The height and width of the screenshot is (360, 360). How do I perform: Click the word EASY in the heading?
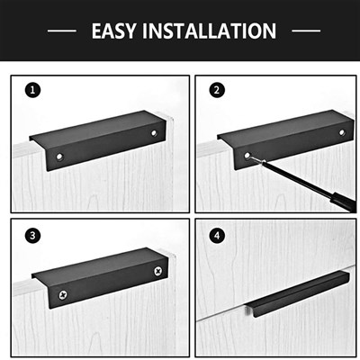pos(113,31)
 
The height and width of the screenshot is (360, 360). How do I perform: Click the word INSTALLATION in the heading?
pos(209,31)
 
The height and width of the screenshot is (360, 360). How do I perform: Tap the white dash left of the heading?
pos(62,31)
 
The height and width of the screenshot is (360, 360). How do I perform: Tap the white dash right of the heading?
pos(306,31)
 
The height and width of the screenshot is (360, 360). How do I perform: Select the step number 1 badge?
pos(32,90)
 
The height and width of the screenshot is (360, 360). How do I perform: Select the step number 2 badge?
pos(217,90)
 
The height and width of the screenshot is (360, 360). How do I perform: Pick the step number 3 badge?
pos(32,236)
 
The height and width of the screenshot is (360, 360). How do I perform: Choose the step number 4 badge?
pos(217,236)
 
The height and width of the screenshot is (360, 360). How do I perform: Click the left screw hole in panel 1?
pos(59,157)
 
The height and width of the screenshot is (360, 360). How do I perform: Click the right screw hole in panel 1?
pos(154,132)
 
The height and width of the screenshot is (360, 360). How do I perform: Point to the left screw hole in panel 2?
pos(247,156)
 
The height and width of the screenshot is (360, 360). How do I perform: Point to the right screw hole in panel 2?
pos(342,132)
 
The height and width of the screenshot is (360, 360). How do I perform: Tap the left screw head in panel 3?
pos(63,295)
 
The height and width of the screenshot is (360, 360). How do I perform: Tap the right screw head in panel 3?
pos(158,271)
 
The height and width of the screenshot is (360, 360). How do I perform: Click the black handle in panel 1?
pos(97,140)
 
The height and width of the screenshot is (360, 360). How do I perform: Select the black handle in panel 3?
pos(100,278)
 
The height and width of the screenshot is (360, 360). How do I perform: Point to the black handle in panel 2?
pos(285,139)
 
